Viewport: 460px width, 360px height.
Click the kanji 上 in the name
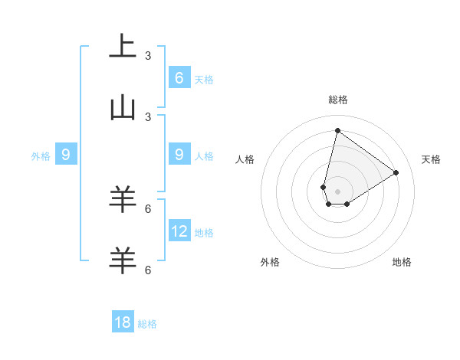[x=122, y=46]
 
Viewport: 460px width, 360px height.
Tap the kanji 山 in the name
[x=122, y=108]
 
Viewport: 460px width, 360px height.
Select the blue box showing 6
[x=179, y=77]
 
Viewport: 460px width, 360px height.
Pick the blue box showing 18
[x=123, y=322]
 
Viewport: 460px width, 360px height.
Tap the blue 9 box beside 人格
[x=179, y=154]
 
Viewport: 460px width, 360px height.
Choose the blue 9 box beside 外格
[x=66, y=155]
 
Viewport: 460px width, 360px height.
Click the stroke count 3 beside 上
[x=148, y=56]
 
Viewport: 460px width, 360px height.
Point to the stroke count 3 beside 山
[x=148, y=117]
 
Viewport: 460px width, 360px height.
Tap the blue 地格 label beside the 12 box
[x=205, y=232]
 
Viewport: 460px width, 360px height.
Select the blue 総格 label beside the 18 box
[x=147, y=324]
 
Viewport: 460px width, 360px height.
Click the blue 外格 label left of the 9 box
[x=41, y=156]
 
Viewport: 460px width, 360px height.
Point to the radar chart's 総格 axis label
[x=337, y=100]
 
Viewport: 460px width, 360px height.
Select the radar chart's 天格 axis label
[x=432, y=159]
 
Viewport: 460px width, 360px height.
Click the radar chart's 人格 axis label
[x=245, y=159]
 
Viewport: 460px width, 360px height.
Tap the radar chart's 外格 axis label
[x=270, y=262]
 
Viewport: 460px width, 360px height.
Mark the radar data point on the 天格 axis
[x=396, y=172]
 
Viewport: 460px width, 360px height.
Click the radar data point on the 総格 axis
[x=337, y=130]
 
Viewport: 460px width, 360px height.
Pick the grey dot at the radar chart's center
[x=337, y=191]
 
